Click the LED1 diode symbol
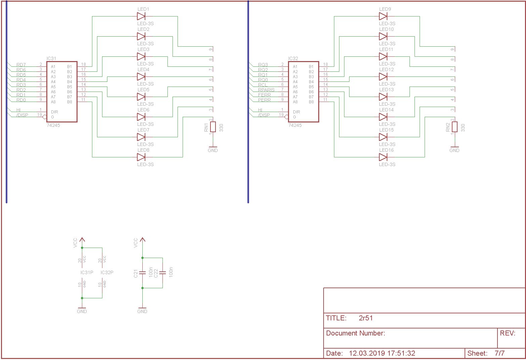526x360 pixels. [141, 16]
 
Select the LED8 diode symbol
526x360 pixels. [141, 157]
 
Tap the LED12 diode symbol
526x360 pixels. [383, 76]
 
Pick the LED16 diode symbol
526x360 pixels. [383, 157]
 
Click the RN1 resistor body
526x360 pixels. [213, 127]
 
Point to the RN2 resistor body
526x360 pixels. [455, 127]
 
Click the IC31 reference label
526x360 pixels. [51, 58]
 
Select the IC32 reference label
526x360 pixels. [293, 58]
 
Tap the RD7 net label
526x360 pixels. [21, 65]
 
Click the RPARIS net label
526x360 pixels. [266, 90]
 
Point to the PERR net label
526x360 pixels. [264, 100]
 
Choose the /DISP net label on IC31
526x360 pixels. [22, 115]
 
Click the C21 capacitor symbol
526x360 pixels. [142, 273]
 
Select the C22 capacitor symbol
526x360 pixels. [162, 273]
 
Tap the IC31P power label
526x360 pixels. [87, 272]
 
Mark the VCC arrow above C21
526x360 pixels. [142, 240]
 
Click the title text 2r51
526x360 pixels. [366, 318]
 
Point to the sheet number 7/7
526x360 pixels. [499, 353]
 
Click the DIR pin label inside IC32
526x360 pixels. [296, 112]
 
